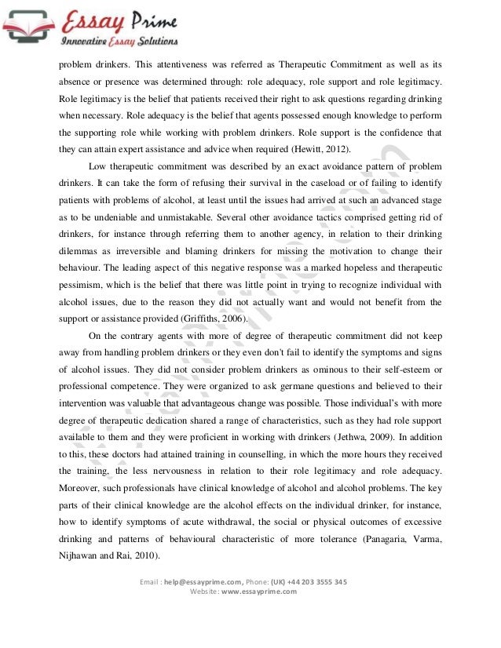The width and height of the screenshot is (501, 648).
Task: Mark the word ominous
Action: [330, 369]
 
